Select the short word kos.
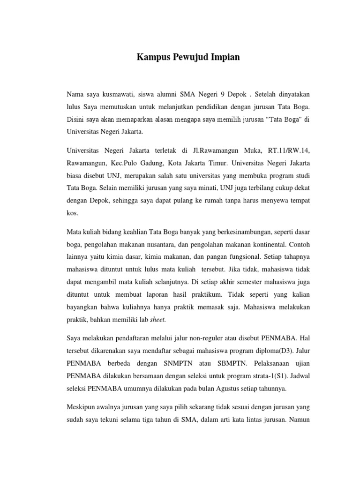point(73,212)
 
